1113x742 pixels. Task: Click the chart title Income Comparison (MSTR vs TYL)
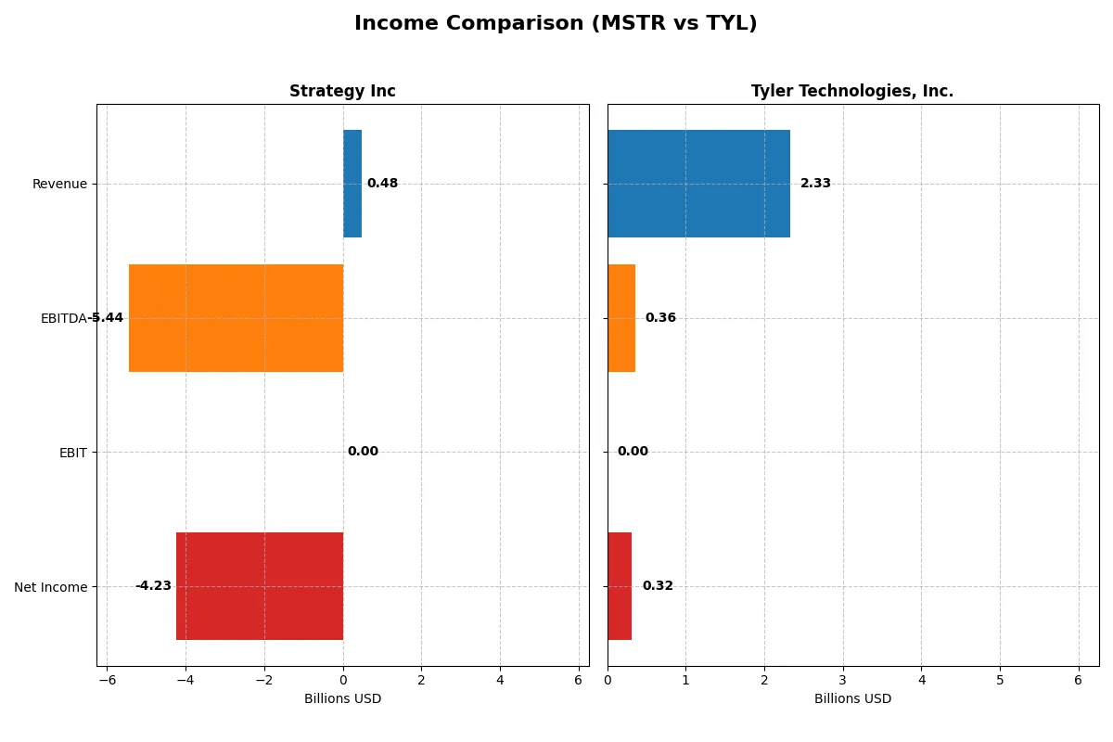coord(556,24)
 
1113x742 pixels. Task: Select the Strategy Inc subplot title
coord(342,91)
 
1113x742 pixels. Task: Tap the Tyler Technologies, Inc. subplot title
coord(851,91)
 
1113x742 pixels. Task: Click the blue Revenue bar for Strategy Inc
coord(352,184)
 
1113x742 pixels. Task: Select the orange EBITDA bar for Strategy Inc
coord(236,318)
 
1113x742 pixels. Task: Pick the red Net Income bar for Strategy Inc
coord(260,586)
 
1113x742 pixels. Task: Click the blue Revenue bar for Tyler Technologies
coord(698,184)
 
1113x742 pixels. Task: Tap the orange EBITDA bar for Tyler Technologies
coord(621,318)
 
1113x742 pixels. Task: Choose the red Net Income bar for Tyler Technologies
coord(620,586)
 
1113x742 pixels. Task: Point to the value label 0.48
coord(382,184)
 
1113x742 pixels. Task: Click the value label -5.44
coord(105,318)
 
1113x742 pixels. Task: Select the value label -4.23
coord(153,586)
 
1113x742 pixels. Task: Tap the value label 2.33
coord(815,184)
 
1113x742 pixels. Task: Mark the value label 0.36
coord(660,318)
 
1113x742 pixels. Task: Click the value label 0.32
coord(658,586)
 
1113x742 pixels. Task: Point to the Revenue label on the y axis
coord(59,184)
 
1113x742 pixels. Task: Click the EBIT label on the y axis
coord(72,453)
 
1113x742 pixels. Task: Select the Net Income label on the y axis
coord(51,587)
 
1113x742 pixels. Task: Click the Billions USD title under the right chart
coord(852,699)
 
